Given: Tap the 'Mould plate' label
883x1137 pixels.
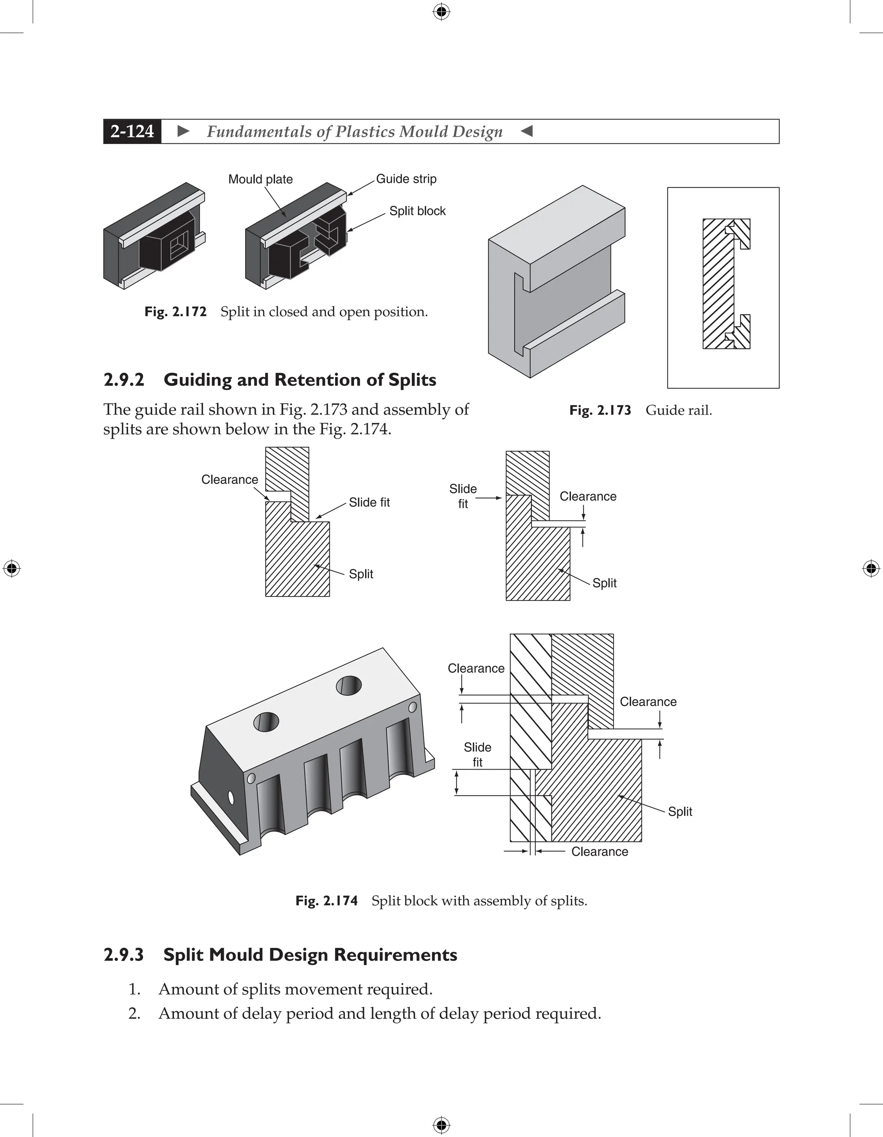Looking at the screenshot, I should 260,179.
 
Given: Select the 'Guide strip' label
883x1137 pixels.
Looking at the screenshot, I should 406,179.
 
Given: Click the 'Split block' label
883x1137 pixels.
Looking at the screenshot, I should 417,211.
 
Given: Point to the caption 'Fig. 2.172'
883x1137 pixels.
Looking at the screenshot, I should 175,312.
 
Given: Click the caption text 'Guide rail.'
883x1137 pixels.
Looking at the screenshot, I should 679,410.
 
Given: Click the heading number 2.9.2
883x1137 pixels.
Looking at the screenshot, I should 124,380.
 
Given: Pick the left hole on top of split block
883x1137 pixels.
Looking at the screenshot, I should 266,722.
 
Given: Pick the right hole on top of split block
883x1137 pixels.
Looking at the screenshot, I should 349,686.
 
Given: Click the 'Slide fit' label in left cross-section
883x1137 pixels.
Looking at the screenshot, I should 369,503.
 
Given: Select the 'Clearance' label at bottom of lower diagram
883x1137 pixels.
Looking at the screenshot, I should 599,852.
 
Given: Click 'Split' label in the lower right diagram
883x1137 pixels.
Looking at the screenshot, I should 679,812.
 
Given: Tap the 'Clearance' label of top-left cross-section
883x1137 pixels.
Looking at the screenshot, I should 229,480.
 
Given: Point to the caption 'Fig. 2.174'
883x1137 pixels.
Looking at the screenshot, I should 326,901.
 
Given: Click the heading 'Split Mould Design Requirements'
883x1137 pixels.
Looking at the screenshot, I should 310,955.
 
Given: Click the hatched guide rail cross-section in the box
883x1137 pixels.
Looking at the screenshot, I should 718,284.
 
